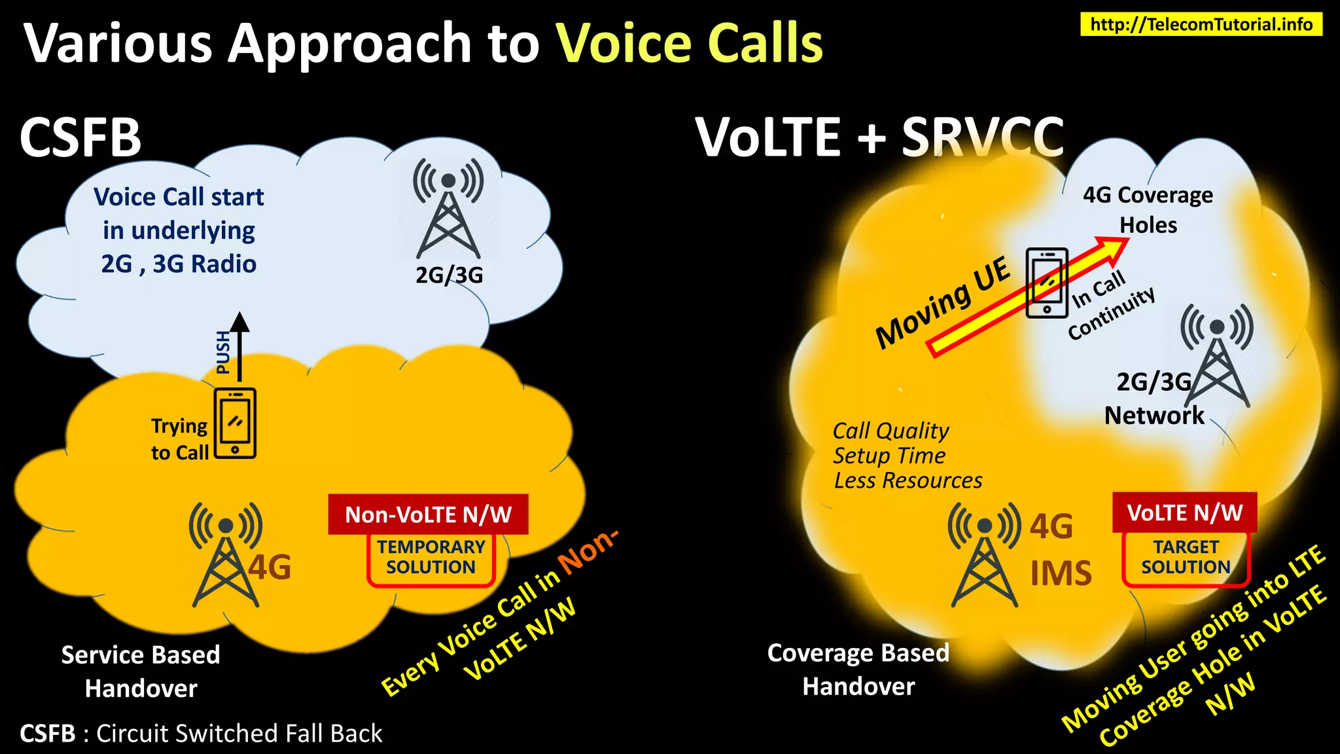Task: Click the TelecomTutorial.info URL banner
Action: (x=1201, y=24)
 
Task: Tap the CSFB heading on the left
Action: (x=80, y=137)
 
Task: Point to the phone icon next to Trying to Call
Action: (x=235, y=423)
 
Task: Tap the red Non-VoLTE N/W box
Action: (x=428, y=514)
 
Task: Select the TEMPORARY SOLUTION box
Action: (x=431, y=558)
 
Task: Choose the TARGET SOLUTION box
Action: (x=1186, y=558)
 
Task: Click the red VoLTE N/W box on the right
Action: (x=1184, y=512)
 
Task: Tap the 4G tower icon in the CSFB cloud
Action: (x=226, y=555)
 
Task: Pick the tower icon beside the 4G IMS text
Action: (x=984, y=555)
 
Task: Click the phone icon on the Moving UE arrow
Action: (x=1047, y=283)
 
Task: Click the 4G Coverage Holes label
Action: (x=1148, y=209)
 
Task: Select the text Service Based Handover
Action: (x=141, y=671)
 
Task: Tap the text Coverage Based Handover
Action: (x=858, y=670)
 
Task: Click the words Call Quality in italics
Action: (x=890, y=431)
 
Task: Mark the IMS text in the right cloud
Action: (x=1061, y=573)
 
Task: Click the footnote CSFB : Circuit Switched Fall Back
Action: (x=201, y=734)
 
